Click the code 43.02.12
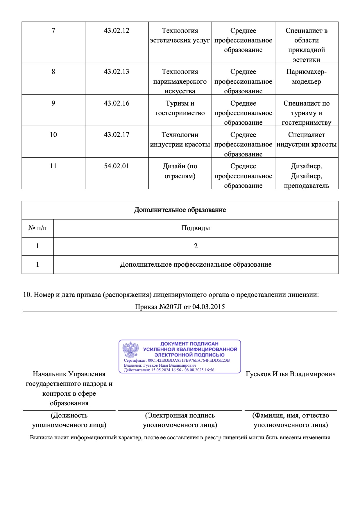point(117,31)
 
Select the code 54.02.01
point(117,166)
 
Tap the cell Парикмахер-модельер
point(307,76)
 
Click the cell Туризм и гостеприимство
point(180,108)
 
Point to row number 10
point(53,135)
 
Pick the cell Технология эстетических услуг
point(180,35)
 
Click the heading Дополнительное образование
point(180,210)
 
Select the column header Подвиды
point(196,228)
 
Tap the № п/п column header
point(37,228)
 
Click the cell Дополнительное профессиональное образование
point(196,264)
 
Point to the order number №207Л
point(170,307)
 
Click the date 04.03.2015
point(208,307)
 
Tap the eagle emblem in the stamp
point(130,349)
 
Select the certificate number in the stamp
point(189,360)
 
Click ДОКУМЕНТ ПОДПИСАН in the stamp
point(189,344)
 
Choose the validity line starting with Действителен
point(169,370)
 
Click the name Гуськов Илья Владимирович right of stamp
point(291,374)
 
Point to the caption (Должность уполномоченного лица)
point(69,420)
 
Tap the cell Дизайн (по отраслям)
point(180,171)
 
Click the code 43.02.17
point(117,135)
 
